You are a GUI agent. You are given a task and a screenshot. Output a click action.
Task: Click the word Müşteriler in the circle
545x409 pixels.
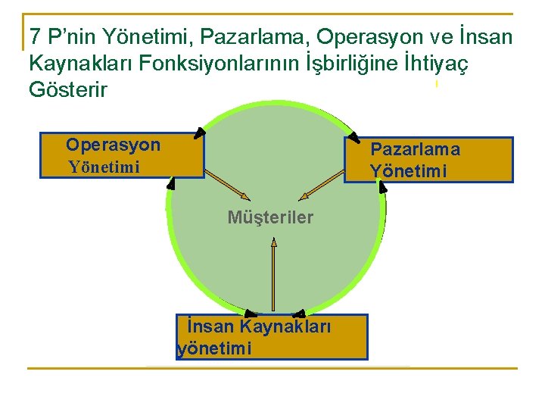pos(270,218)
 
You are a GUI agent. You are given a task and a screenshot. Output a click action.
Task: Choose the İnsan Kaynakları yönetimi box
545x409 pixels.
pos(272,337)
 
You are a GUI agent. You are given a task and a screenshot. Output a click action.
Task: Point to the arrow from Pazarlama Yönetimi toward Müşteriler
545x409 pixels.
pos(322,186)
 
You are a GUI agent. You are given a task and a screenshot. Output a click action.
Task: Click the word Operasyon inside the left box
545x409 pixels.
pos(113,145)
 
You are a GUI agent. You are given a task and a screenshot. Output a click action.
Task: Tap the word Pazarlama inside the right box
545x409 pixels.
pos(415,149)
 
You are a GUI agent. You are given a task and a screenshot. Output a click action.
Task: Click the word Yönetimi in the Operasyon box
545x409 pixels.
pos(104,167)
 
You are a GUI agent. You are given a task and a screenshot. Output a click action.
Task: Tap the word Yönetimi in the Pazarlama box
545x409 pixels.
pos(408,171)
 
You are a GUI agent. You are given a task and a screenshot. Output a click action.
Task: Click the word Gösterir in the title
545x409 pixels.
pos(68,89)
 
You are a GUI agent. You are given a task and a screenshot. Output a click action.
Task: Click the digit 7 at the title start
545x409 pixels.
pos(35,36)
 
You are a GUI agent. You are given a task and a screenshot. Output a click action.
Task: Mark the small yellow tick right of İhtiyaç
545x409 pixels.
pos(437,84)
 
